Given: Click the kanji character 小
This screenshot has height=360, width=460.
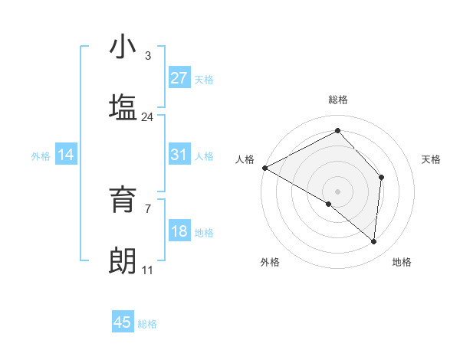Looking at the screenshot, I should (x=123, y=47).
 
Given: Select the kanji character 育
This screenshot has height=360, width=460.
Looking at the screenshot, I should (x=123, y=201).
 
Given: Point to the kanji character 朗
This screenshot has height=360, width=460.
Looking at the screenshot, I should (x=123, y=260).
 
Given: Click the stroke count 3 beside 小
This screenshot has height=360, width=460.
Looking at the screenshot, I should (x=148, y=56).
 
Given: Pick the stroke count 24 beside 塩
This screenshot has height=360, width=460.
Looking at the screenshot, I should (x=148, y=117).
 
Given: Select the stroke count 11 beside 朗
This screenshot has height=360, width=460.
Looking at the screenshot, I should (x=148, y=270).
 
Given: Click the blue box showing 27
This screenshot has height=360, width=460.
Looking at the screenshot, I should (x=179, y=78).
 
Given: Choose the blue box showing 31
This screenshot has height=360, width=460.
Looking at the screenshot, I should (x=179, y=155).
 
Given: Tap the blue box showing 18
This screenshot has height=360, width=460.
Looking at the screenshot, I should (x=179, y=231).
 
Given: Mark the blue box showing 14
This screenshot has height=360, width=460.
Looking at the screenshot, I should (x=66, y=155).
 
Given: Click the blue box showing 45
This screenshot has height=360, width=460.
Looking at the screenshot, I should (x=123, y=322).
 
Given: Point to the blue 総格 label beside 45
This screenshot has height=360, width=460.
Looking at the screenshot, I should (x=147, y=324).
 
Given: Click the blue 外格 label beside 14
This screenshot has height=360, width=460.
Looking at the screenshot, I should (x=41, y=156).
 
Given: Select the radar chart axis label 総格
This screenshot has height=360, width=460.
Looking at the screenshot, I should (x=338, y=100).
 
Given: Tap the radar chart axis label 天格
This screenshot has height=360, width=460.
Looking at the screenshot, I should (x=432, y=159).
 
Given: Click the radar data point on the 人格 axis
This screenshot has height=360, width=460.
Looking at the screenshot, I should (x=264, y=168).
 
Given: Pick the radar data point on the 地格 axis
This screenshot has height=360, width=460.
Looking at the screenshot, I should (x=373, y=242).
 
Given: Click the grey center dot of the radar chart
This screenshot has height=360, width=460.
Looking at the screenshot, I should (x=338, y=191).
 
